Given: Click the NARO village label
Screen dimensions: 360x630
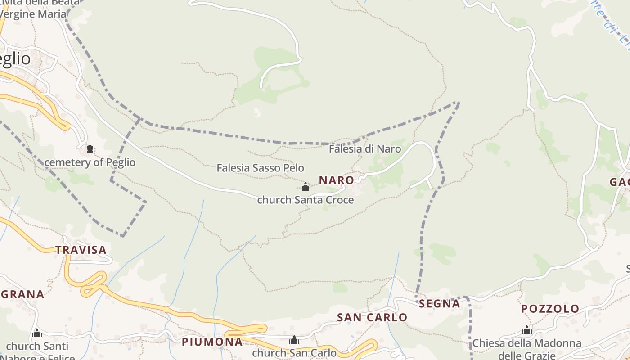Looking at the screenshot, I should click(336, 180).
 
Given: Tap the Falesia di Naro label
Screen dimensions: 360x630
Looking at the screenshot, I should click(364, 148).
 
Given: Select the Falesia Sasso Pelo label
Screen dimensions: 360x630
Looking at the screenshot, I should click(260, 168).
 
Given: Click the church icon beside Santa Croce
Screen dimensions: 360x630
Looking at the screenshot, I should click(306, 187).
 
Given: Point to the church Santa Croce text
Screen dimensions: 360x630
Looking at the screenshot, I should click(305, 200).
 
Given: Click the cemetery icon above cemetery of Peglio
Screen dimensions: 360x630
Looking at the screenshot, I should click(90, 149).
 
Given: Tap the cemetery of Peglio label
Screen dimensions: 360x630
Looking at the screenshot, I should click(90, 162).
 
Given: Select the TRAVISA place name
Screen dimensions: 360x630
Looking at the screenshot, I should click(81, 250).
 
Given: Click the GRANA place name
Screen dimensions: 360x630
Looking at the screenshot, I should click(22, 294).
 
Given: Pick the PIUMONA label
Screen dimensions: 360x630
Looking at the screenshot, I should click(212, 342).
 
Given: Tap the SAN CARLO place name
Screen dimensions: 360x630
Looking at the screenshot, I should click(372, 317).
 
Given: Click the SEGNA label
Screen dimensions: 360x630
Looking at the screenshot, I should click(439, 303).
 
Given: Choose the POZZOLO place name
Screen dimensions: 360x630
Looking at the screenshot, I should click(550, 309).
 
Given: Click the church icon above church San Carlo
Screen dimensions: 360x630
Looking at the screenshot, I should click(294, 340).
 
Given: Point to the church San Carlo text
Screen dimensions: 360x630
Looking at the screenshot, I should click(294, 353).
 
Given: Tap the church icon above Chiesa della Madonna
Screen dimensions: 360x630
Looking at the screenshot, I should click(527, 330).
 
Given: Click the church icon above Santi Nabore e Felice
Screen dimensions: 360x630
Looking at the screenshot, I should click(37, 333).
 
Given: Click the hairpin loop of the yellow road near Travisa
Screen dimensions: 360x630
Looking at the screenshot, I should click(93, 283).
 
